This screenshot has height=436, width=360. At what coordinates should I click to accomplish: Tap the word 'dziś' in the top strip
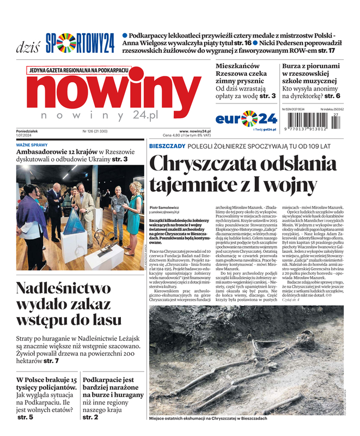tap(27, 46)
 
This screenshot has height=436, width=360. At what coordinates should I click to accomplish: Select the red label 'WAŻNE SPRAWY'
tap(33, 145)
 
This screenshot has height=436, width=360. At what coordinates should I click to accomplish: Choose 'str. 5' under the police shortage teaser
tap(25, 417)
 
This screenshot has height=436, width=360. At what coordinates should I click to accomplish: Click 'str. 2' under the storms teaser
tap(90, 417)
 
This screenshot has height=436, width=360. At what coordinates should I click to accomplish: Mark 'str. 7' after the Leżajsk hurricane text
tap(51, 361)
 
